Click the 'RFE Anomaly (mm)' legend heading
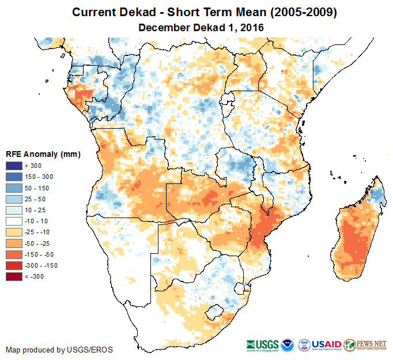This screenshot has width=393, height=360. (x=43, y=155)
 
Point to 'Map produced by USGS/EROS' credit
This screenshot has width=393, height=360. (x=59, y=350)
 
